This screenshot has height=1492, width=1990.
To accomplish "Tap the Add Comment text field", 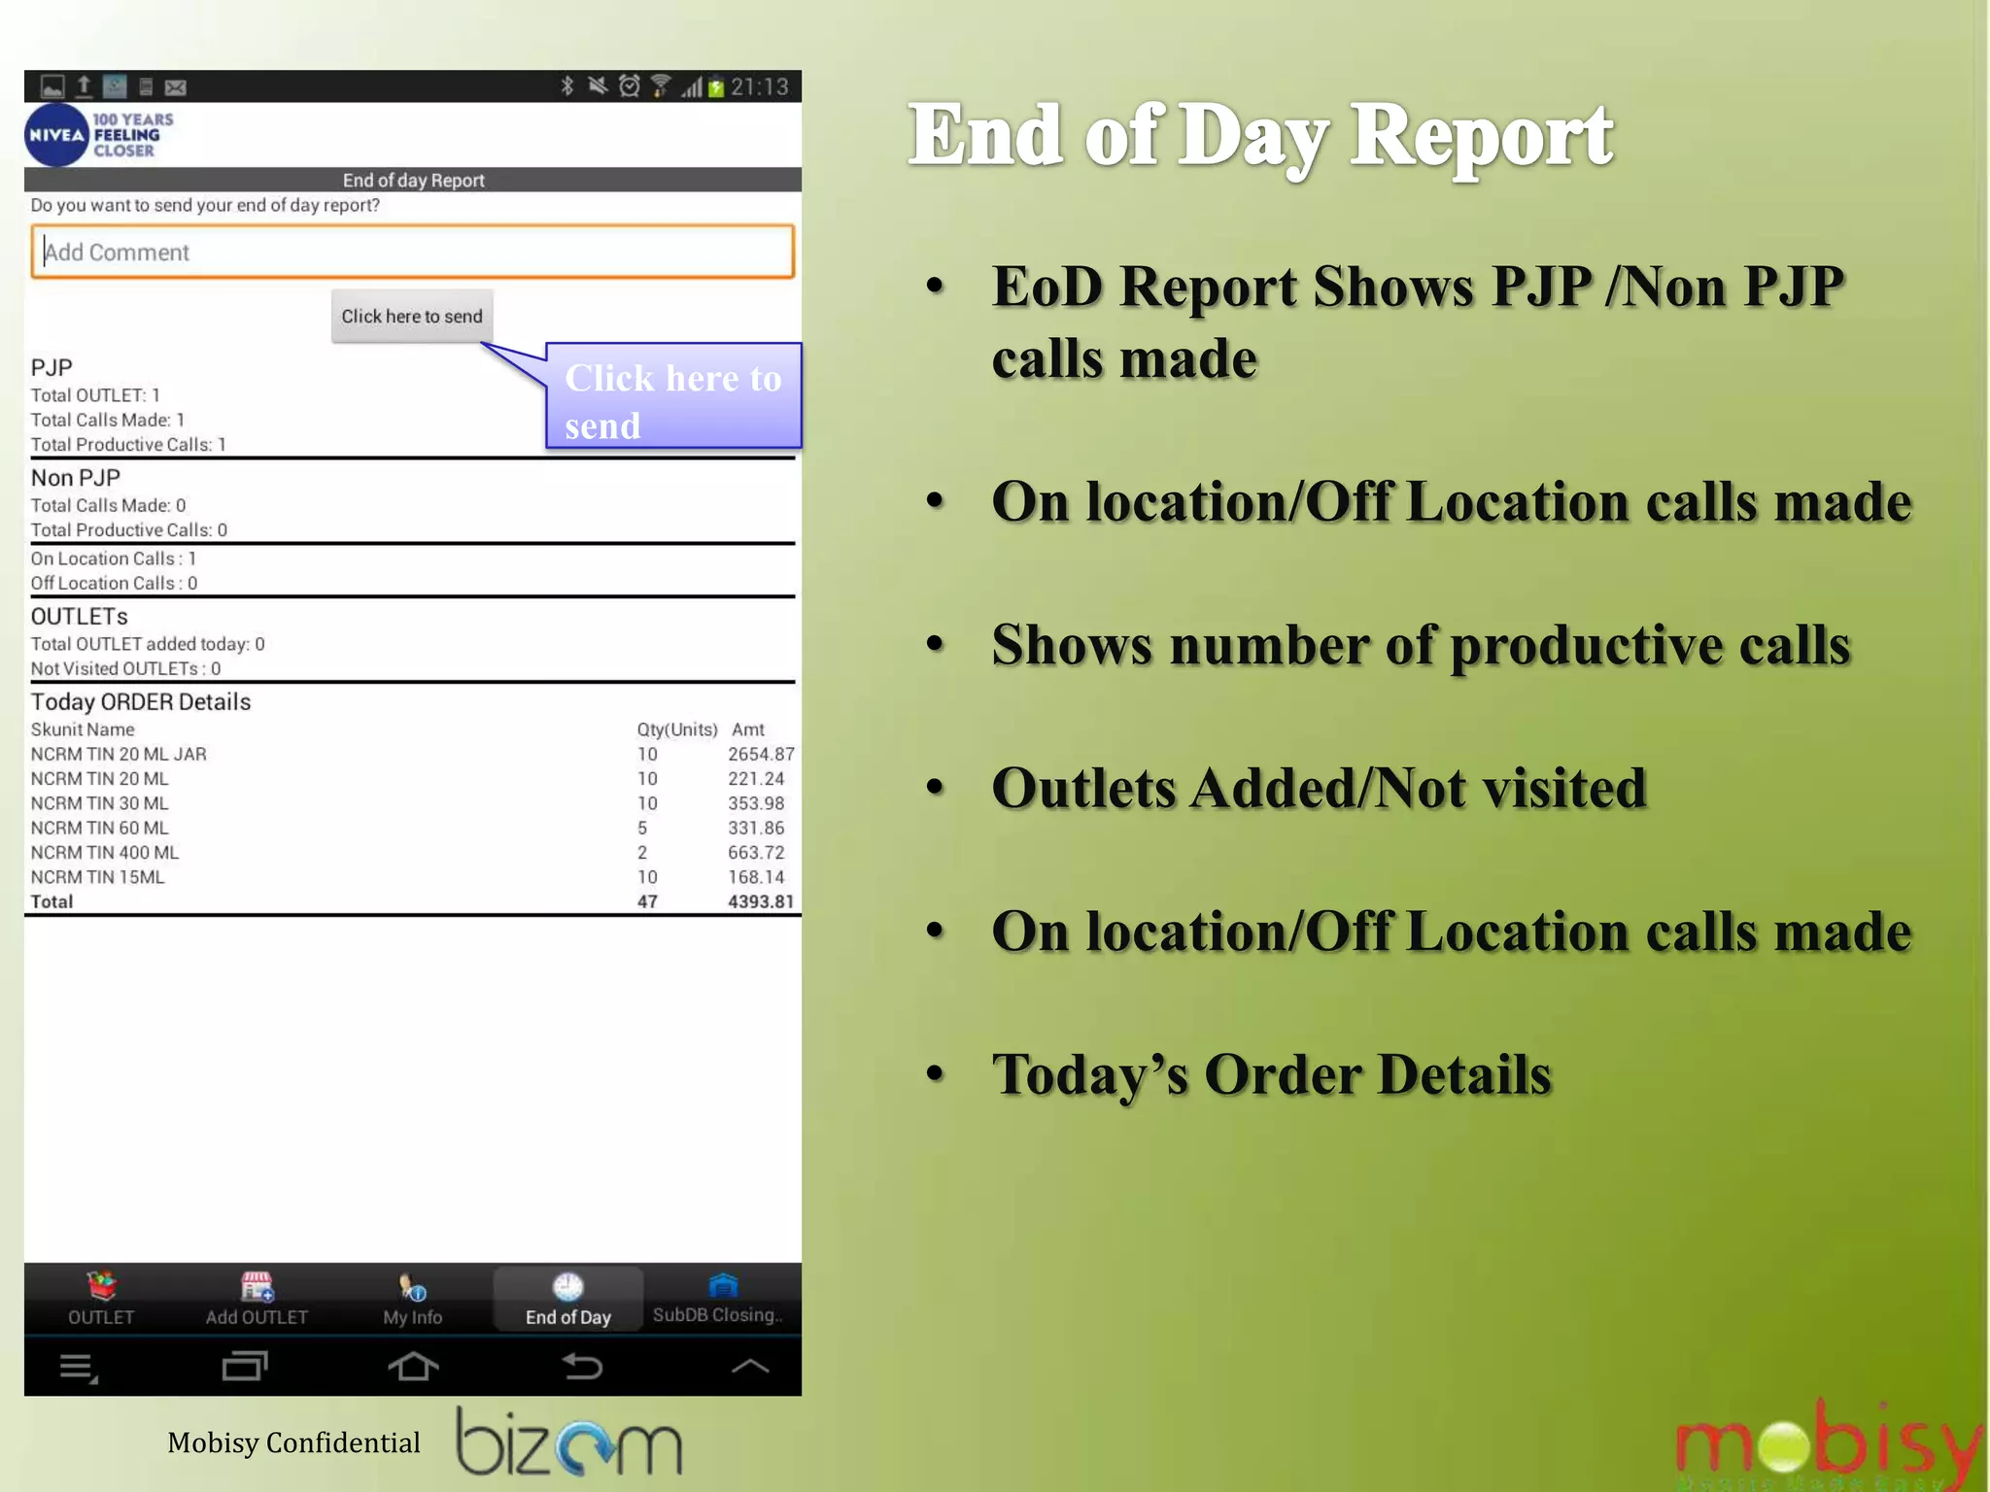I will [412, 253].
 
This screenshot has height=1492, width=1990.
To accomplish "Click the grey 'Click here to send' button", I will [412, 317].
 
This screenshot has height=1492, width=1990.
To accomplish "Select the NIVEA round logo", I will [56, 136].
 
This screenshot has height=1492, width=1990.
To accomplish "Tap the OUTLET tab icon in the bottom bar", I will [102, 1286].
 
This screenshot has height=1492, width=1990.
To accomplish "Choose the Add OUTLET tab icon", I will [257, 1286].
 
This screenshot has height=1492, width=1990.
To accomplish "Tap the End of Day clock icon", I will [567, 1287].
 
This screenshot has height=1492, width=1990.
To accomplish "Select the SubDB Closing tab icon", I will [723, 1286].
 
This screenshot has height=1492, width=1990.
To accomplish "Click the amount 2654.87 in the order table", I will [761, 755].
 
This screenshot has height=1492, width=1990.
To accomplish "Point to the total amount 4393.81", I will [761, 902].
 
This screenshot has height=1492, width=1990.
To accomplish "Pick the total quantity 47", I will [647, 902].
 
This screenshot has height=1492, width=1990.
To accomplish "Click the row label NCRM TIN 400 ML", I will [105, 853].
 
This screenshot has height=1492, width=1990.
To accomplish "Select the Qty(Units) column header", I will [677, 730].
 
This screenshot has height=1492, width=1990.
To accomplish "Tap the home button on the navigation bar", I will [413, 1367].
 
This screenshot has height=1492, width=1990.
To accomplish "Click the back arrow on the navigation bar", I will [582, 1367].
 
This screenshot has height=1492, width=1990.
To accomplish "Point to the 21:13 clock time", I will [759, 87].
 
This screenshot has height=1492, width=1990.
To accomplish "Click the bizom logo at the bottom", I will [569, 1442].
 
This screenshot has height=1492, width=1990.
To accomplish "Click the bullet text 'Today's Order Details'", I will [1271, 1075].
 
